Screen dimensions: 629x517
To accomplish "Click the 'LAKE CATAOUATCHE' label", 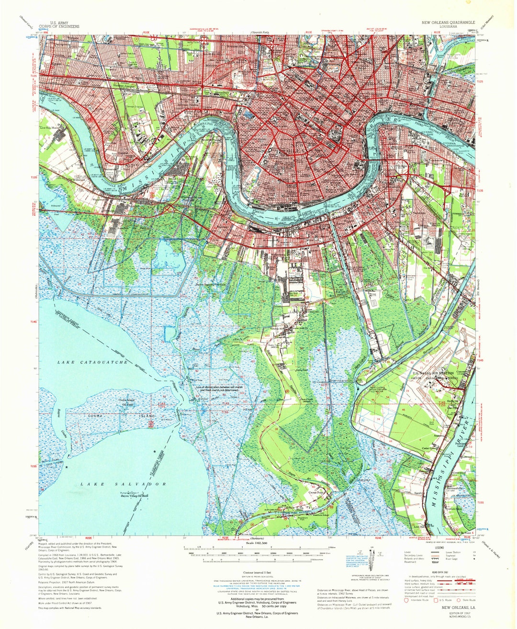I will tap(92, 363).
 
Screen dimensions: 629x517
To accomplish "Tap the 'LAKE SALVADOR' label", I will tap(124, 484).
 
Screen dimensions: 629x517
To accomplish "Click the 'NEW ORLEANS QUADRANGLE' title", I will tap(448, 22).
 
